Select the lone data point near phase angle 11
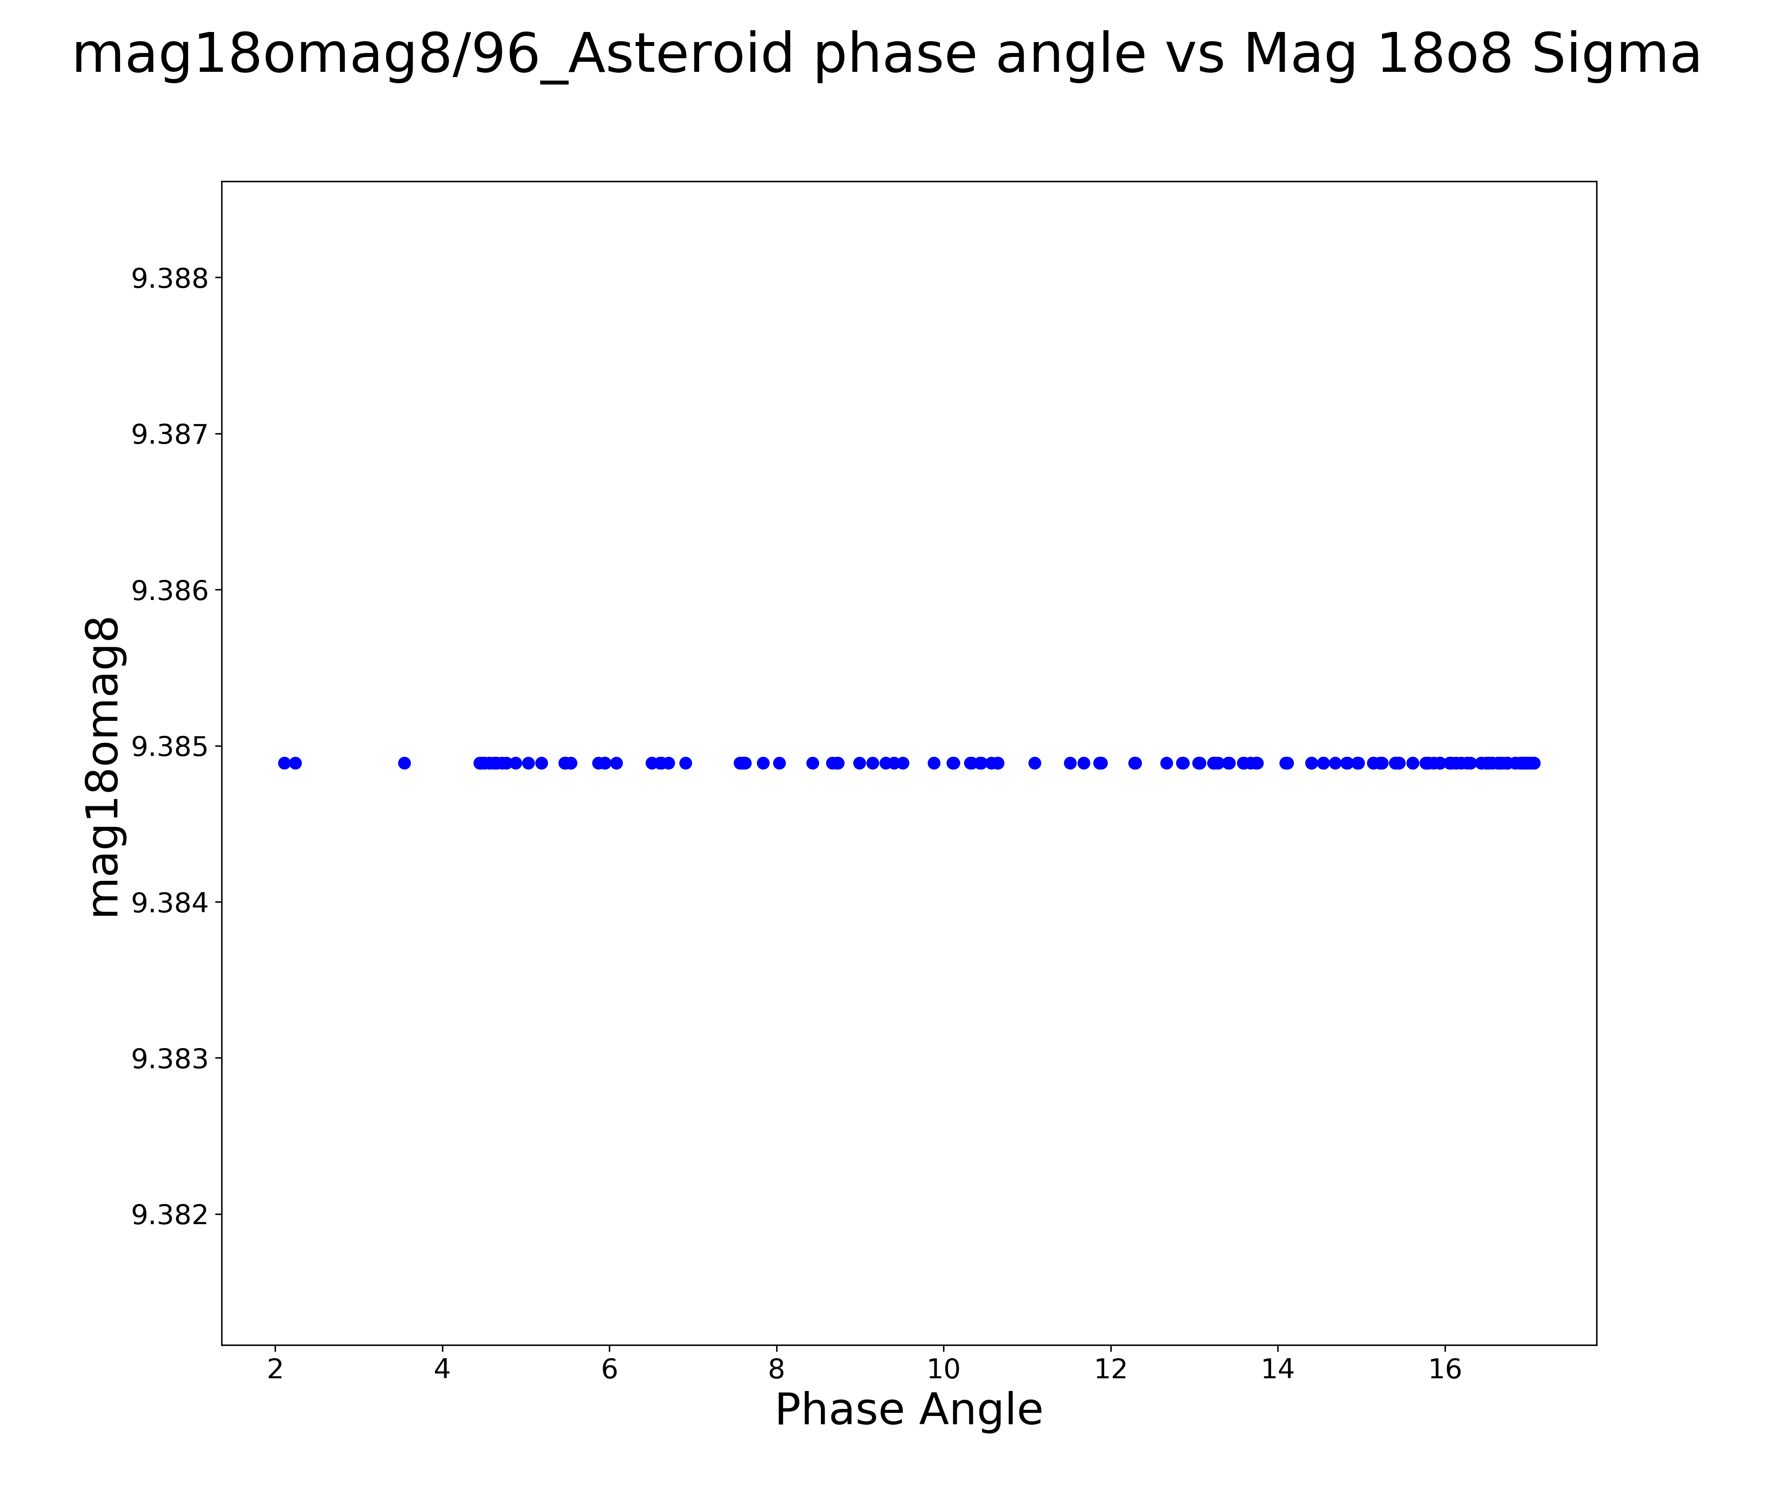[x=1034, y=763]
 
